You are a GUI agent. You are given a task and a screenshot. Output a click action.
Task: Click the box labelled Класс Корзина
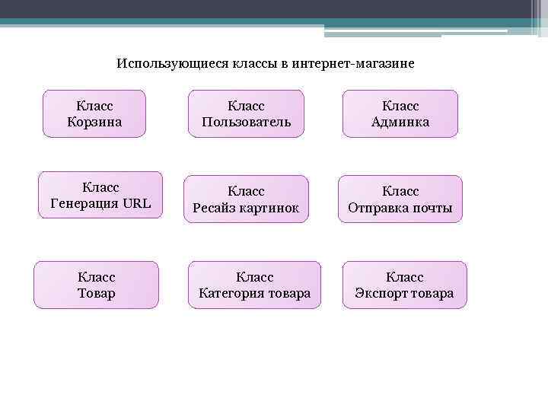tap(94, 113)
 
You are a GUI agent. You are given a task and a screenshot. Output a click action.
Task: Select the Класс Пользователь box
tap(246, 113)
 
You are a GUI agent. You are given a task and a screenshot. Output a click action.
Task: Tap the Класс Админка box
tap(400, 113)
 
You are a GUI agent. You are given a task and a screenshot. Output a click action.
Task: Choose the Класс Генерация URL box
tap(100, 195)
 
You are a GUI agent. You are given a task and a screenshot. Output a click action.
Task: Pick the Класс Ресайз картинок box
tap(246, 199)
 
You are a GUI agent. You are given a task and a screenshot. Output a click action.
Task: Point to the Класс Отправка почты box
tap(400, 199)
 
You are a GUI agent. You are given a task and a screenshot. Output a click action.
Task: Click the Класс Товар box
tap(97, 285)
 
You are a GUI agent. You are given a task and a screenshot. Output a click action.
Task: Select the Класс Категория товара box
tap(254, 285)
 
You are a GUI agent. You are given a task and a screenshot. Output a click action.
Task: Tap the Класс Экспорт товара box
tap(404, 285)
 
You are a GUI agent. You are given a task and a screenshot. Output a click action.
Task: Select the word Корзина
tap(94, 122)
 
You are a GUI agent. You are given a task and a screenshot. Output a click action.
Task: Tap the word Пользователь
tap(246, 122)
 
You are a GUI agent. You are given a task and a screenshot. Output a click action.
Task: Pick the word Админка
tap(400, 122)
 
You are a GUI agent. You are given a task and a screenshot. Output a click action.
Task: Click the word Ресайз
tap(215, 208)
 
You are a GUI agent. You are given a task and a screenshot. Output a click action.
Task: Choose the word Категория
tap(231, 293)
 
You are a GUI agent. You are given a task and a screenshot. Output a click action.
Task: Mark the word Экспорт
tap(380, 293)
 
